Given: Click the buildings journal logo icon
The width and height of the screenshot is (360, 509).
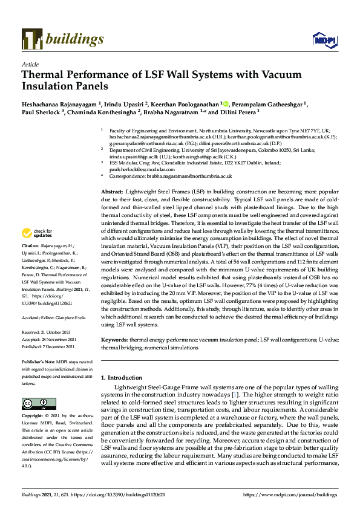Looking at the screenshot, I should (x=30, y=40).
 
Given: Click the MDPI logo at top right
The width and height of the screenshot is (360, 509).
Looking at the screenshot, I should (x=324, y=40).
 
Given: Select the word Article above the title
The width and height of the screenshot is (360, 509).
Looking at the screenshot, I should (x=30, y=64).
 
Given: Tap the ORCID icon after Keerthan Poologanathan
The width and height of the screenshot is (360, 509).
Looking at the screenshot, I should (x=226, y=104).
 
